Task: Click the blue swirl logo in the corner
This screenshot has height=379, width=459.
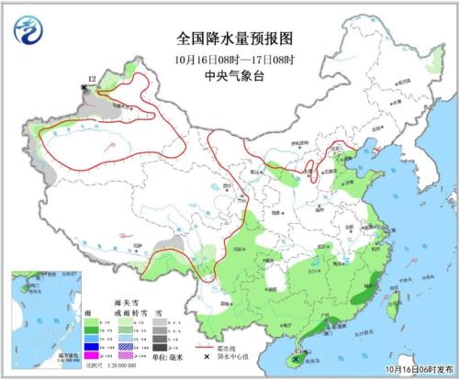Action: (x=28, y=32)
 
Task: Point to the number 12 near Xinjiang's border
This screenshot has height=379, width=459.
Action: (x=91, y=80)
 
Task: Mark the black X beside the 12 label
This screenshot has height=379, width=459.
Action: (x=85, y=87)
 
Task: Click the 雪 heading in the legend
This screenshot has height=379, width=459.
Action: (x=157, y=312)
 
